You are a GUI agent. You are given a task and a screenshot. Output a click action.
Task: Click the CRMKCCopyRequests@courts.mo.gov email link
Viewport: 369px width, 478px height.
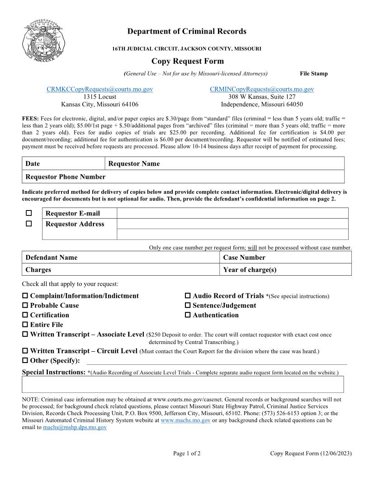click(x=99, y=89)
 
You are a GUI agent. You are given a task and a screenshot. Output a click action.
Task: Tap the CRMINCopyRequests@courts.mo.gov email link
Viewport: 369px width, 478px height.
click(x=261, y=89)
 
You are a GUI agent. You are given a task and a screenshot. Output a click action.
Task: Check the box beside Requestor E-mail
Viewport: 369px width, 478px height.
click(x=29, y=213)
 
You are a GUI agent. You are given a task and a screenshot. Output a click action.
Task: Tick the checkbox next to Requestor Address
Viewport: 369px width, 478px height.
click(x=29, y=224)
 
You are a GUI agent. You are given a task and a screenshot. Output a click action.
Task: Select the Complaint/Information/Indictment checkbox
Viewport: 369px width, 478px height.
click(x=25, y=296)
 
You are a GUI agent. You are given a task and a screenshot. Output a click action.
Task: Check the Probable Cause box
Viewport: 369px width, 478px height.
click(x=25, y=306)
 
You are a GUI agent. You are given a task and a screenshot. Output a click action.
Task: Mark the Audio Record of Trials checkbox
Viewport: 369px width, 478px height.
click(x=188, y=296)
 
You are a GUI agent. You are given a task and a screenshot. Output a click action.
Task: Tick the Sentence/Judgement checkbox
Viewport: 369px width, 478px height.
click(x=188, y=306)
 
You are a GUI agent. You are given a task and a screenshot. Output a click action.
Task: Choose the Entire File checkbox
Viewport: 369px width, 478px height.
click(x=25, y=325)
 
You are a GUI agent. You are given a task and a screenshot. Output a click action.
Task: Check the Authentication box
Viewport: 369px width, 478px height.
click(x=188, y=315)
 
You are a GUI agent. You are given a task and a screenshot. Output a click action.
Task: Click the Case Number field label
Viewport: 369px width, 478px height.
click(x=244, y=258)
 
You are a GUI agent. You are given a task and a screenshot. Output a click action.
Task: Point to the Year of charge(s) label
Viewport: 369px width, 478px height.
click(x=250, y=270)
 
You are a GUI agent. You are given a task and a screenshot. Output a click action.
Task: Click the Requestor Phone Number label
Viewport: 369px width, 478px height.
click(x=65, y=177)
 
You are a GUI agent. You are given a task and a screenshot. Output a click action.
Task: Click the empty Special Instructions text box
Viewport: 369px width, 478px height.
click(x=183, y=384)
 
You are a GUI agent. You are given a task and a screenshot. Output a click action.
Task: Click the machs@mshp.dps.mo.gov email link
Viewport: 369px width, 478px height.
click(x=75, y=427)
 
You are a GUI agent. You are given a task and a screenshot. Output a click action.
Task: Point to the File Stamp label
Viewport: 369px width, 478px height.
click(x=313, y=74)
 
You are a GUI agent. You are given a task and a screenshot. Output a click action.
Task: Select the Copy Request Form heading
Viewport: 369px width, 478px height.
click(x=187, y=61)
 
